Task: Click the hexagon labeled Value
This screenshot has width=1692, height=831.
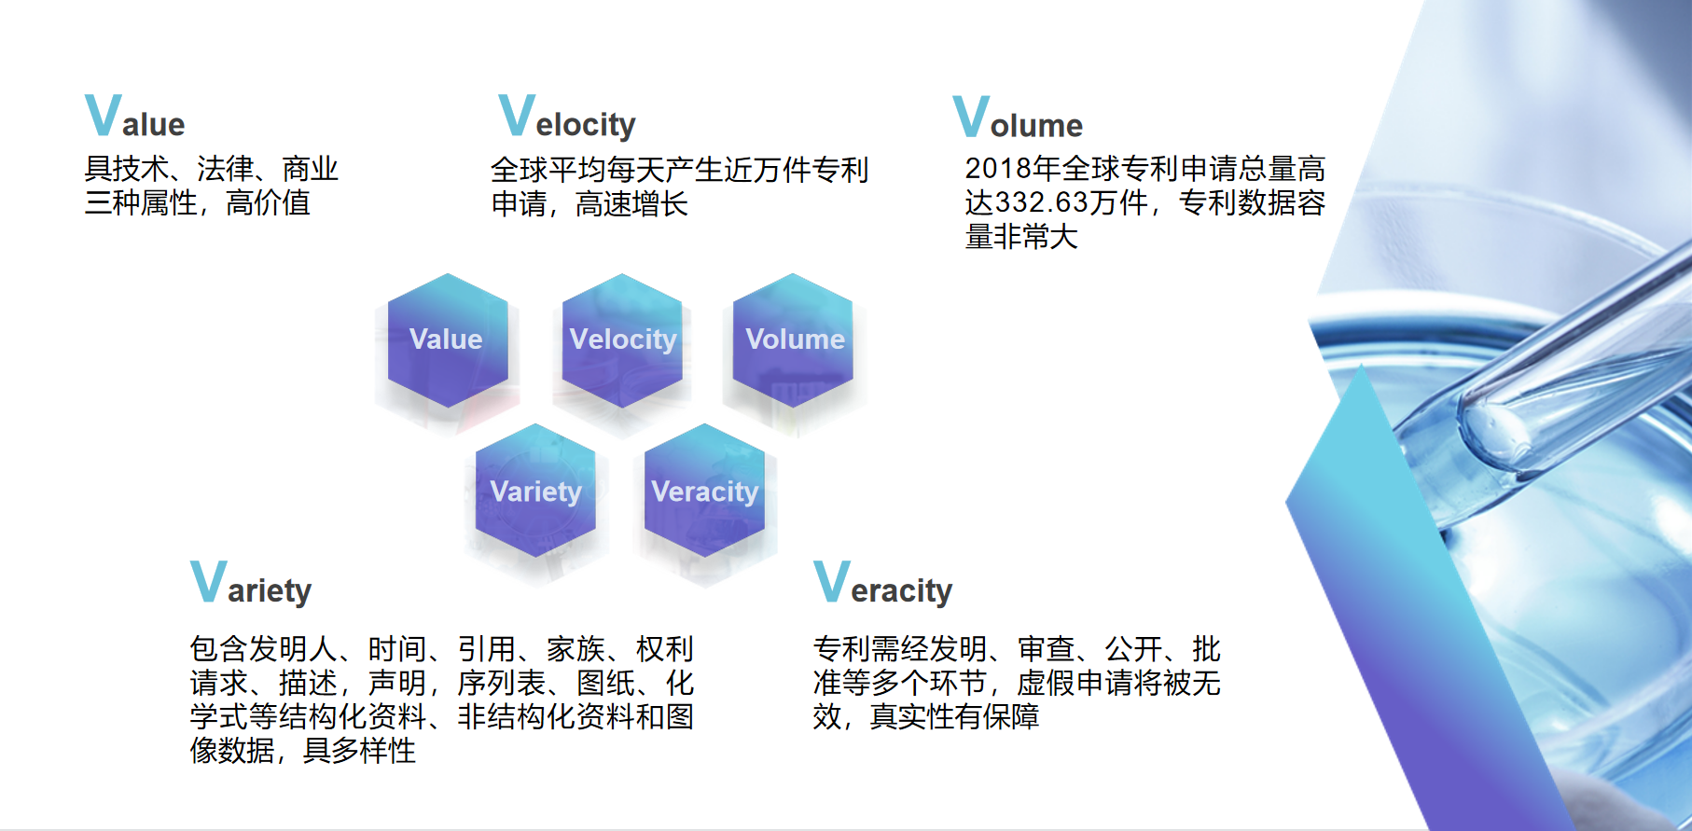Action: coord(448,340)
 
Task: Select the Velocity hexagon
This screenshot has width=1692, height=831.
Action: coord(622,340)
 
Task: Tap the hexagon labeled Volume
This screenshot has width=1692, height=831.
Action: coord(793,340)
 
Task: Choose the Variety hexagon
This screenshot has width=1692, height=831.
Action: coord(535,491)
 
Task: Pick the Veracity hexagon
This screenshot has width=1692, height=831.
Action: coord(704,491)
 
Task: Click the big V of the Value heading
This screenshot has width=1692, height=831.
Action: coord(103,116)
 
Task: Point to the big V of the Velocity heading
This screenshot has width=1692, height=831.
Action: coord(517,116)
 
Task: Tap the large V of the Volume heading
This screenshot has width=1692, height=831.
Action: coord(971,117)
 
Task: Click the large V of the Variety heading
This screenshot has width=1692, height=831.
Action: coord(209,582)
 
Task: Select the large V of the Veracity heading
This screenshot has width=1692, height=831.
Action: coord(832,582)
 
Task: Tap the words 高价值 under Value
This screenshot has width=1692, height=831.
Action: coord(269,202)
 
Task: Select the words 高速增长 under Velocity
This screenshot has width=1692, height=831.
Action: coord(632,203)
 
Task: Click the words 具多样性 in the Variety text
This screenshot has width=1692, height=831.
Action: coord(360,750)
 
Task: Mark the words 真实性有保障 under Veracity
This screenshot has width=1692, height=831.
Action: coord(955,716)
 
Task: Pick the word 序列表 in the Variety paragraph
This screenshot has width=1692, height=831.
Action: coord(502,683)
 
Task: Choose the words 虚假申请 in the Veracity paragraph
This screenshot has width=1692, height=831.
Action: coord(1075,683)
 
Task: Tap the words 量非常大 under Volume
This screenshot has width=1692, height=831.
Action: coord(1022,237)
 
